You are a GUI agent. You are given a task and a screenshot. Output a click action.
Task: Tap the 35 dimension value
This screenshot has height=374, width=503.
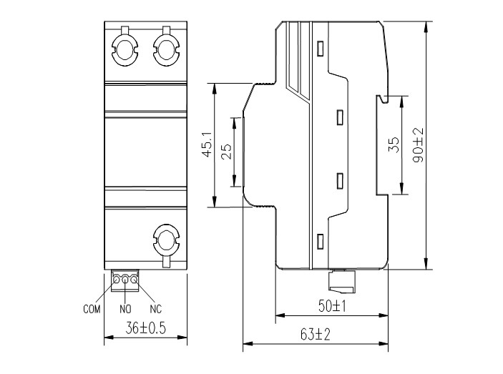[393, 145]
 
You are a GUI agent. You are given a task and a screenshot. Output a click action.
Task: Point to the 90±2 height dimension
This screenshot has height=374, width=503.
[419, 145]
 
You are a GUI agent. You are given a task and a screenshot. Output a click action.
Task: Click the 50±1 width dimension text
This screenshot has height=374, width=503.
[333, 307]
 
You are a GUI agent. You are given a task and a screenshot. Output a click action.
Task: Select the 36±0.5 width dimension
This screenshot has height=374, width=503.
[146, 330]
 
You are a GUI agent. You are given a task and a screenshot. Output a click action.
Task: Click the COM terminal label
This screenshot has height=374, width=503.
[91, 310]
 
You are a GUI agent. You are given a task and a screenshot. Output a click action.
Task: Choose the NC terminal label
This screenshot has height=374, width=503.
[155, 310]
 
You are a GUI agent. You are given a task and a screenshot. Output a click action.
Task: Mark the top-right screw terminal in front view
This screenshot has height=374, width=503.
[165, 49]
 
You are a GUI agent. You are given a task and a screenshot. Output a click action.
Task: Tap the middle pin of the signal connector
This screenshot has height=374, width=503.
[126, 280]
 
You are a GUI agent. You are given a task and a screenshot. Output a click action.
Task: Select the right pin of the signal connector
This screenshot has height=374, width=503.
[134, 280]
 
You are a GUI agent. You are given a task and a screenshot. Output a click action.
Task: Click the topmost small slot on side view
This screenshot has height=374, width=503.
[320, 49]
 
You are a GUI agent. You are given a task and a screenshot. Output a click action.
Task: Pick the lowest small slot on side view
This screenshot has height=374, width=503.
[320, 241]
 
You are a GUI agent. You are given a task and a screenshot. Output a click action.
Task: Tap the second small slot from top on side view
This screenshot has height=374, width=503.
[340, 115]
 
